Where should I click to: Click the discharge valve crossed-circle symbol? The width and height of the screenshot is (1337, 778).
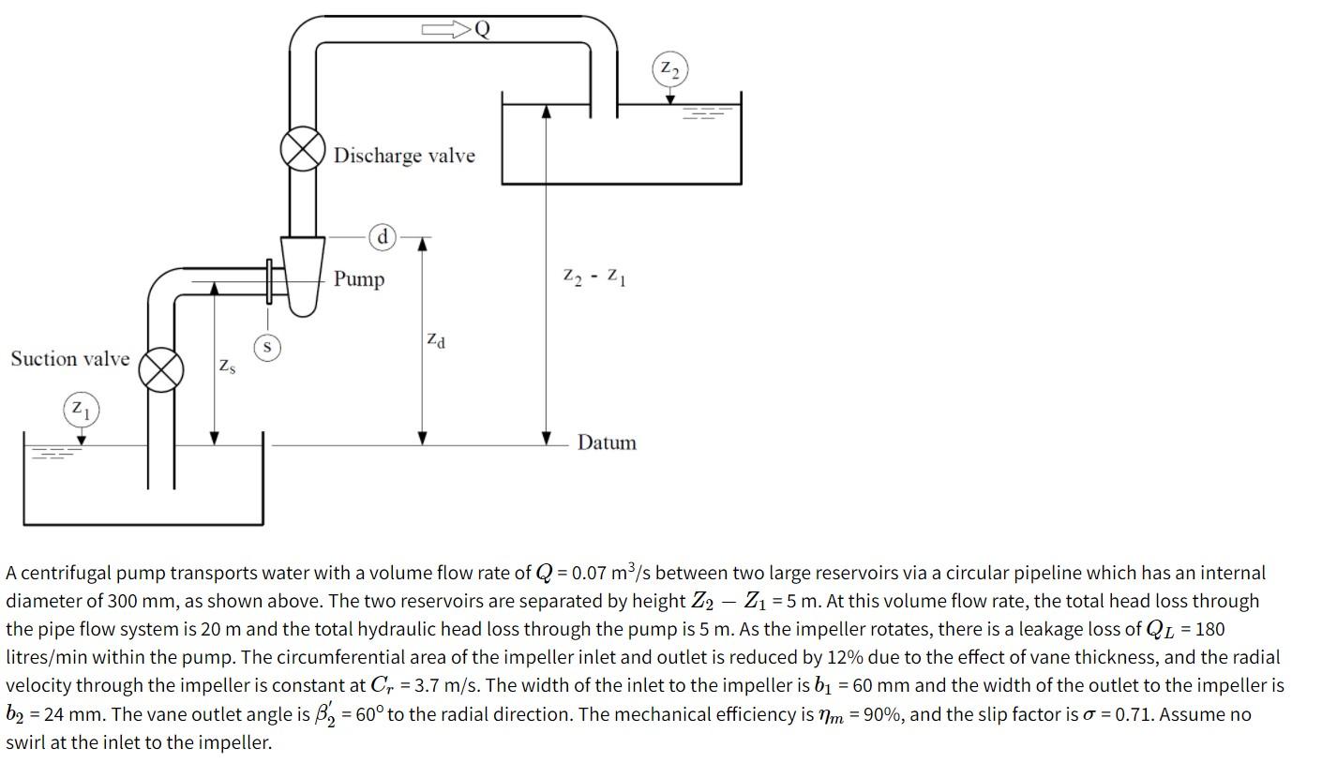coord(303,151)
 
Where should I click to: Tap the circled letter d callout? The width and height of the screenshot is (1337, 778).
coord(383,236)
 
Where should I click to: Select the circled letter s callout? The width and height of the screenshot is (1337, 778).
coord(268,348)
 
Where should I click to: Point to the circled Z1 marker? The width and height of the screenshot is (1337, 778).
coord(81,410)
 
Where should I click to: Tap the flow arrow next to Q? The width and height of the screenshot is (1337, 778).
coord(446,30)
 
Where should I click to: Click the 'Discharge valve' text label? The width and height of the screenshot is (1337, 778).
coord(404,156)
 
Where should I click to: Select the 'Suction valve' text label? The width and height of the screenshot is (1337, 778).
coord(70,359)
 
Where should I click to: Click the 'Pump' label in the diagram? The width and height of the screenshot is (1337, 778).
coord(359,279)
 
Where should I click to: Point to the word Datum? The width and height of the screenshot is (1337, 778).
coord(607,442)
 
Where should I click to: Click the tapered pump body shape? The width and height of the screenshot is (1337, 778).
coord(302,275)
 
